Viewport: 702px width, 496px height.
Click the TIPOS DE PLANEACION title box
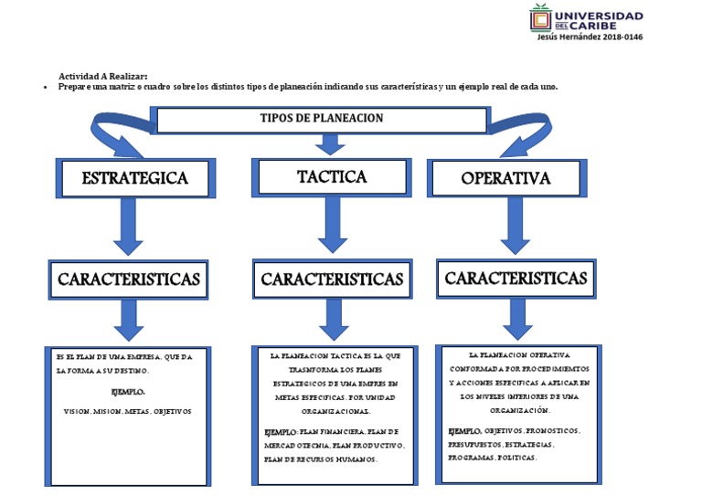[321, 119]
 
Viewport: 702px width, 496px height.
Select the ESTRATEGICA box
[134, 178]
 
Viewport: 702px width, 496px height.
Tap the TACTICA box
[332, 176]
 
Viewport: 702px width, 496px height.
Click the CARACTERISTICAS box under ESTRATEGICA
[128, 280]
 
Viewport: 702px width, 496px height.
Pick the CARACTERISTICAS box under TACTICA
[331, 279]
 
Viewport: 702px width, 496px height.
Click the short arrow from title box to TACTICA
[325, 143]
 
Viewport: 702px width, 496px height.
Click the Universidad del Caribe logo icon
[541, 18]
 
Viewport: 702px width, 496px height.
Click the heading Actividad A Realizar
[102, 76]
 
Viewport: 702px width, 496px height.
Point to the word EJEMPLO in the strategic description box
[128, 392]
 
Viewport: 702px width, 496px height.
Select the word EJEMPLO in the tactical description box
[281, 431]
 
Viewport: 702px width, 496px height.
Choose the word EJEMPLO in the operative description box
[464, 430]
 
